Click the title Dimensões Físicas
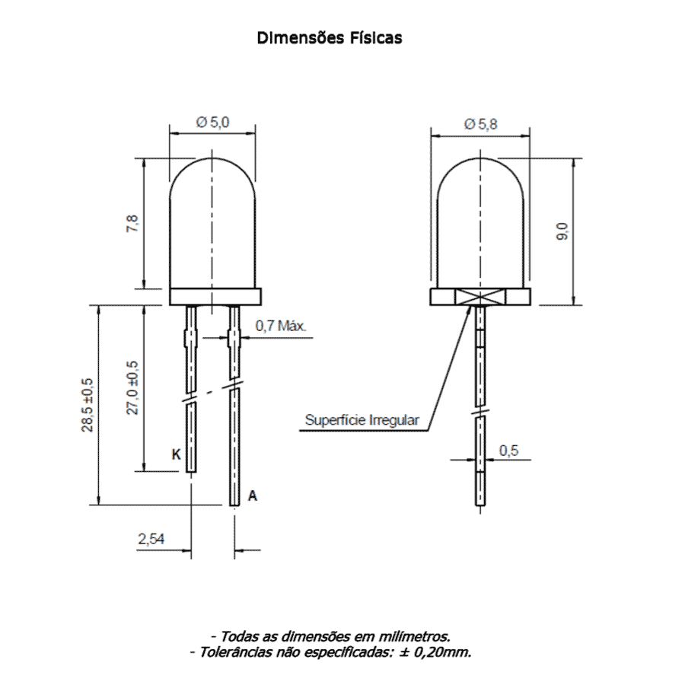tap(330, 38)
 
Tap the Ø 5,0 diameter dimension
tap(213, 122)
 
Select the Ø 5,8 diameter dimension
tap(480, 125)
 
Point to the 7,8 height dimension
tap(132, 224)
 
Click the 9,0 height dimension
tap(562, 231)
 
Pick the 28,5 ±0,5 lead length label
tap(88, 405)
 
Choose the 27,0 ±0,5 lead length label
tap(132, 388)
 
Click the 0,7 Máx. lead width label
tap(281, 326)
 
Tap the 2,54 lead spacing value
tap(151, 539)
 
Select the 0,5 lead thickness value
tap(509, 451)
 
